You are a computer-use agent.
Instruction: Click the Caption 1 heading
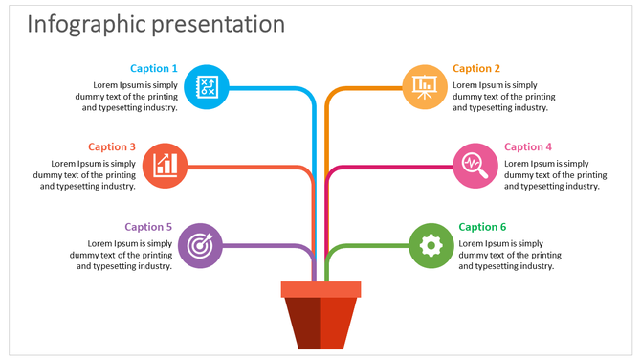click(154, 68)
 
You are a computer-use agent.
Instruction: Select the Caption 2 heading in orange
click(476, 68)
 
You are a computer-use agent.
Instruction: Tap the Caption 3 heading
click(112, 146)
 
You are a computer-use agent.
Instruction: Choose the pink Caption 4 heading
click(528, 146)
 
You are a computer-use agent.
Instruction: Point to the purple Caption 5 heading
click(148, 227)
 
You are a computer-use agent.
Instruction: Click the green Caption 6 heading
click(482, 227)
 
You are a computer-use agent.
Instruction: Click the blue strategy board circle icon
click(206, 87)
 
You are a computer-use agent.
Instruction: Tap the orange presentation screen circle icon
click(424, 87)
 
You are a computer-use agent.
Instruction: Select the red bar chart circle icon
click(166, 166)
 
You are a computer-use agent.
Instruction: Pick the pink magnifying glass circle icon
click(475, 166)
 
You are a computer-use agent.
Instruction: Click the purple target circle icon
click(200, 245)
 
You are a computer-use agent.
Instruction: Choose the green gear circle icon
click(431, 245)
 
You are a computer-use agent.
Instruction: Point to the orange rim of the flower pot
click(320, 289)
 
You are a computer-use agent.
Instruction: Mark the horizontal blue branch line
click(268, 88)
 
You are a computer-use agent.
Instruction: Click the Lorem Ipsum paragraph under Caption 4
click(554, 175)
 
